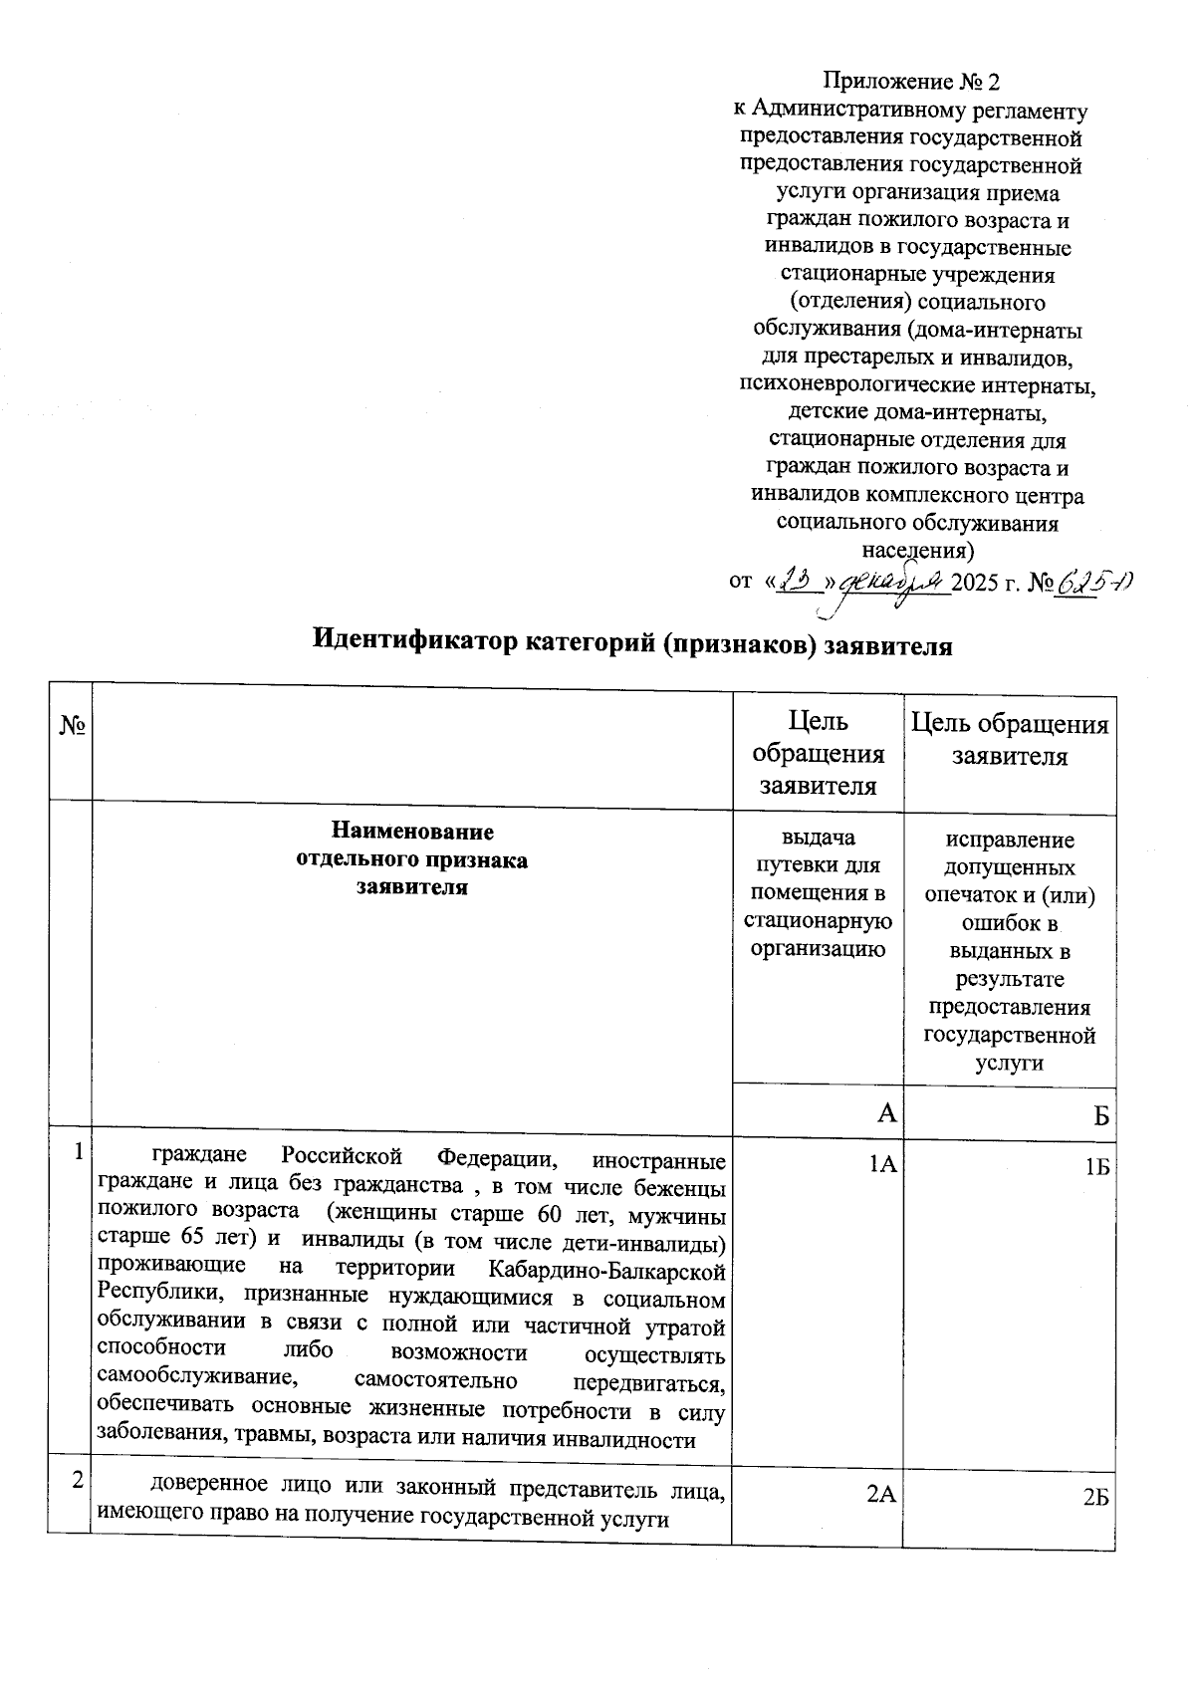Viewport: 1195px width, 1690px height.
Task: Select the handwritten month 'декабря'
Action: click(x=894, y=582)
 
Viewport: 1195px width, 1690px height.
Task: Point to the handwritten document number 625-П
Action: click(x=1094, y=582)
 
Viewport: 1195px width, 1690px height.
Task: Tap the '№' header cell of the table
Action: click(x=70, y=726)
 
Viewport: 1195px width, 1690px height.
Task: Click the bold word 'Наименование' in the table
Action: click(x=411, y=832)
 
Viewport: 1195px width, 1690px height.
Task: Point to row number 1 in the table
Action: click(x=77, y=1153)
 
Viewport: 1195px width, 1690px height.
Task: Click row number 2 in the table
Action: click(x=76, y=1482)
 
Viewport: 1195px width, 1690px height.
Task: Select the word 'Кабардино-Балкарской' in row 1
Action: click(x=607, y=1270)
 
